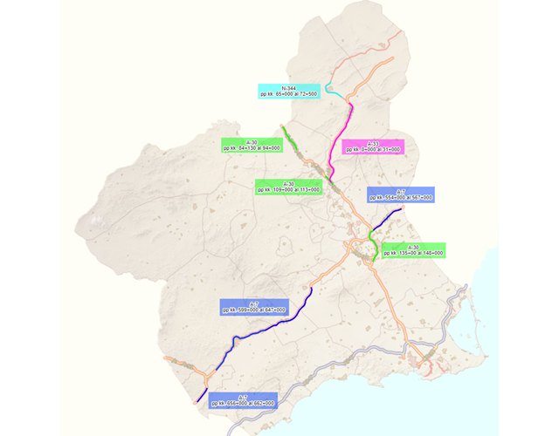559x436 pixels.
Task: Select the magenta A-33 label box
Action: (x=373, y=146)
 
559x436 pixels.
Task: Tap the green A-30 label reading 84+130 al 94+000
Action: (x=251, y=145)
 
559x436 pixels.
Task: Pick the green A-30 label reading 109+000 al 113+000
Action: (x=287, y=187)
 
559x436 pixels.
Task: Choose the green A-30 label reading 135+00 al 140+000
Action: (x=414, y=249)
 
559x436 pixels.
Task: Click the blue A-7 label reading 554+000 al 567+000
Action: (x=401, y=194)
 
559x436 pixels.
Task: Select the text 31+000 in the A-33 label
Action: (x=389, y=149)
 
